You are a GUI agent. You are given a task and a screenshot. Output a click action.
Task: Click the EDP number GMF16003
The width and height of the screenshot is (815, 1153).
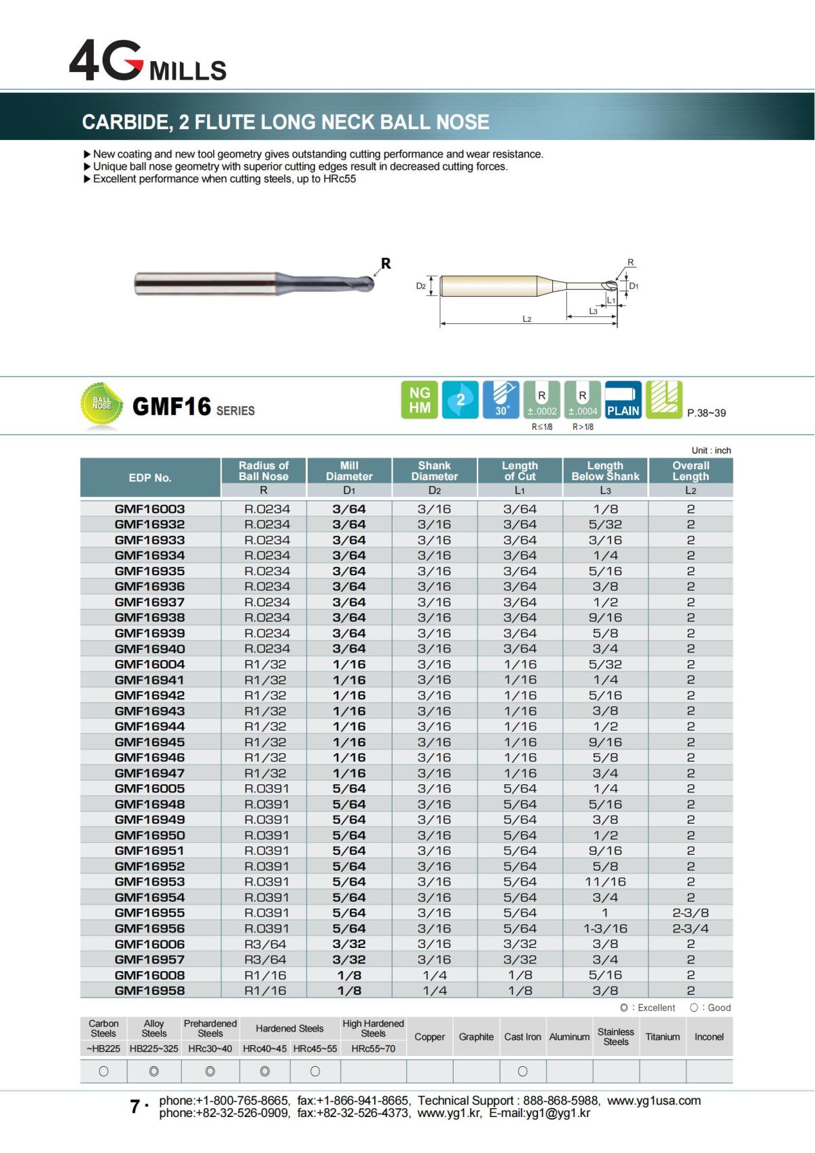tap(149, 509)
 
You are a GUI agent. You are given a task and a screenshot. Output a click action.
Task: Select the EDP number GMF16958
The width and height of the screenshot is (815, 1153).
tap(149, 990)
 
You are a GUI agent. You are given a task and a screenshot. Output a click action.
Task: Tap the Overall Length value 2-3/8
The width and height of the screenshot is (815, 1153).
tap(691, 913)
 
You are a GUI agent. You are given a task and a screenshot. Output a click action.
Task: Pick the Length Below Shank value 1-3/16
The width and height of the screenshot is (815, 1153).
tap(605, 928)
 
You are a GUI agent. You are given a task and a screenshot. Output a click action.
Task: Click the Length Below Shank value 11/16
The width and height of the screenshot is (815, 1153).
tap(605, 881)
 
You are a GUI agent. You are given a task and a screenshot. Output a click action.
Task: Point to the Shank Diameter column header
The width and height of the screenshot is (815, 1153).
tap(435, 471)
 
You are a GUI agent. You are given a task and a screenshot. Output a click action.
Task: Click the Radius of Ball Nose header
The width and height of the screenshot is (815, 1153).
tap(264, 471)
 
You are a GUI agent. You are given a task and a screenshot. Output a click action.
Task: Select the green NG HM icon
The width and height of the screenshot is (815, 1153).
tap(419, 400)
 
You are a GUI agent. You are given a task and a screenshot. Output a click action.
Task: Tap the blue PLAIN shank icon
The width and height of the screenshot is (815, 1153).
tap(623, 400)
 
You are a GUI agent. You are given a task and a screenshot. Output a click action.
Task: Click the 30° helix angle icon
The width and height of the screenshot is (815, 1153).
tap(502, 400)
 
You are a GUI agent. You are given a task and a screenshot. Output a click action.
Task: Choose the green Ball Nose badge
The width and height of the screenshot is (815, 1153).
tap(102, 405)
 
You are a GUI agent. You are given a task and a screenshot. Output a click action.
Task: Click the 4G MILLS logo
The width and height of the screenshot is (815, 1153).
tap(147, 62)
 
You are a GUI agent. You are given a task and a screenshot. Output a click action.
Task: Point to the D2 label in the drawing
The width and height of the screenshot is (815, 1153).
tap(421, 286)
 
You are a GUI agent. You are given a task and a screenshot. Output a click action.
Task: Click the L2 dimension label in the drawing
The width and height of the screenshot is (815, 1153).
tap(526, 318)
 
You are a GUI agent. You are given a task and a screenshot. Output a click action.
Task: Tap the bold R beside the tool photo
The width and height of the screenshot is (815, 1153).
tap(386, 263)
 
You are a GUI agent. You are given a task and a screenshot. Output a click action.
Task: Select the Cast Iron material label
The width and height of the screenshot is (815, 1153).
tap(522, 1037)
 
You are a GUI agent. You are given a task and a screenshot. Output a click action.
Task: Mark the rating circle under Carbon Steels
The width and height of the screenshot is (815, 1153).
tap(103, 1072)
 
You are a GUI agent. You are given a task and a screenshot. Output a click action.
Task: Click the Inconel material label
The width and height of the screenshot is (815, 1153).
tap(709, 1037)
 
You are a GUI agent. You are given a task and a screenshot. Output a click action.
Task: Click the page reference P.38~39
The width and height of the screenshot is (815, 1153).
tap(706, 413)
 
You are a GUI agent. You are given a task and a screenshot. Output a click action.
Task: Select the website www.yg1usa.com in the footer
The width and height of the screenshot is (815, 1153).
tap(653, 1101)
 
